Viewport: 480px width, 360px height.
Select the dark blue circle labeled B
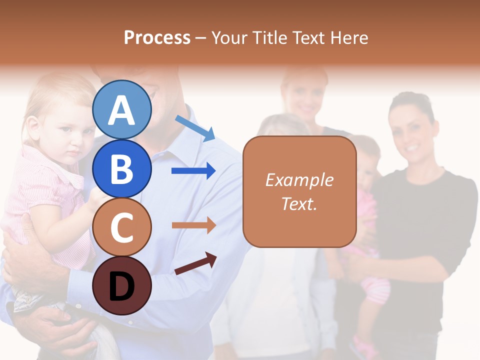coord(122,168)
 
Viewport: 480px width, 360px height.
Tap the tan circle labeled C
coord(122,227)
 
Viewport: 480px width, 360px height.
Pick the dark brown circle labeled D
coord(122,286)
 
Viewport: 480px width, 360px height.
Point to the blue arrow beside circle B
coord(193,171)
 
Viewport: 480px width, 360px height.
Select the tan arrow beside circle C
coord(193,225)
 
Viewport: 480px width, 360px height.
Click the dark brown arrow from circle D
coord(195,263)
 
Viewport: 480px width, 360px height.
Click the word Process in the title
coord(157,38)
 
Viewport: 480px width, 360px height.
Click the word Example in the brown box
coord(299,180)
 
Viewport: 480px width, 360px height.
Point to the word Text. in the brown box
coord(299,203)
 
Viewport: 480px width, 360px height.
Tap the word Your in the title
coord(230,38)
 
